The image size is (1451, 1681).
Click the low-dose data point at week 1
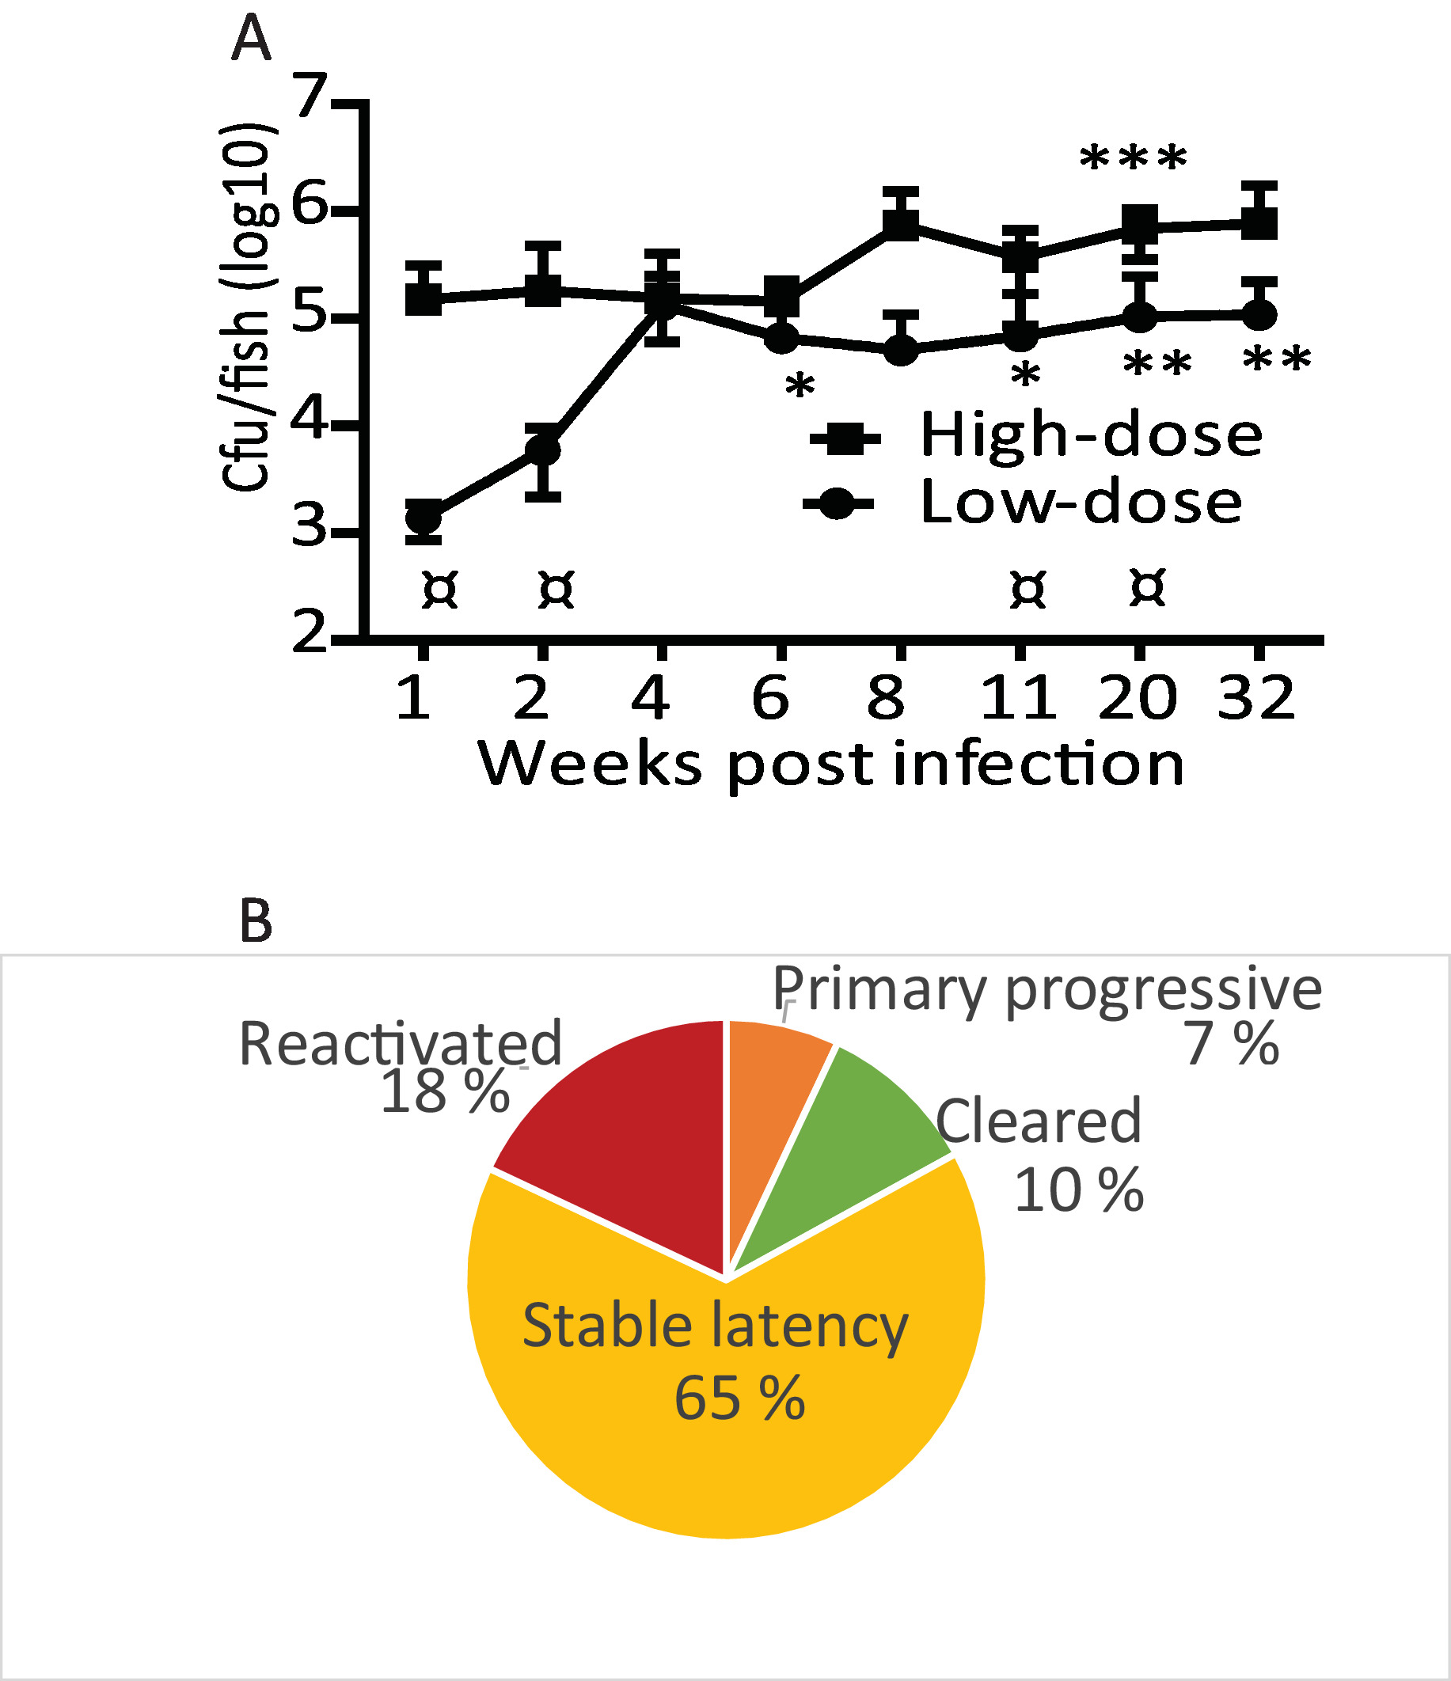click(423, 518)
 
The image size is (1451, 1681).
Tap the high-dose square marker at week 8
click(901, 222)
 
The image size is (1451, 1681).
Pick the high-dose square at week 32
click(1259, 222)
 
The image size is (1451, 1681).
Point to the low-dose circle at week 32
click(1259, 315)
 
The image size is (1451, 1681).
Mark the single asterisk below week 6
click(800, 387)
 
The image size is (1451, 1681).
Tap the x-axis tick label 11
click(1020, 698)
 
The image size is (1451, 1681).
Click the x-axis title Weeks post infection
click(831, 765)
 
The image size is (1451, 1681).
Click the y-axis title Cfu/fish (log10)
click(246, 309)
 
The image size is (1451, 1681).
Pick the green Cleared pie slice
click(844, 1136)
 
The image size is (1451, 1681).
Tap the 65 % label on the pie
click(739, 1398)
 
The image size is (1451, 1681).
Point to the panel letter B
click(256, 923)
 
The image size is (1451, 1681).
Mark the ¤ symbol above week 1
click(441, 590)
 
